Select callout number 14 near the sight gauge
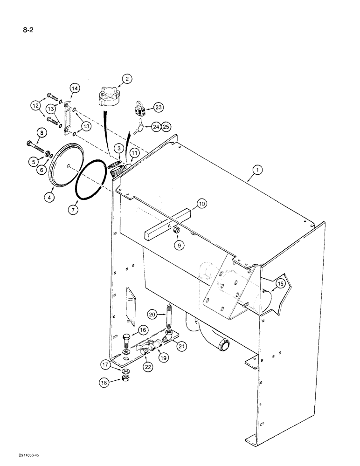(75, 88)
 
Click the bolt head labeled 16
(127, 337)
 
